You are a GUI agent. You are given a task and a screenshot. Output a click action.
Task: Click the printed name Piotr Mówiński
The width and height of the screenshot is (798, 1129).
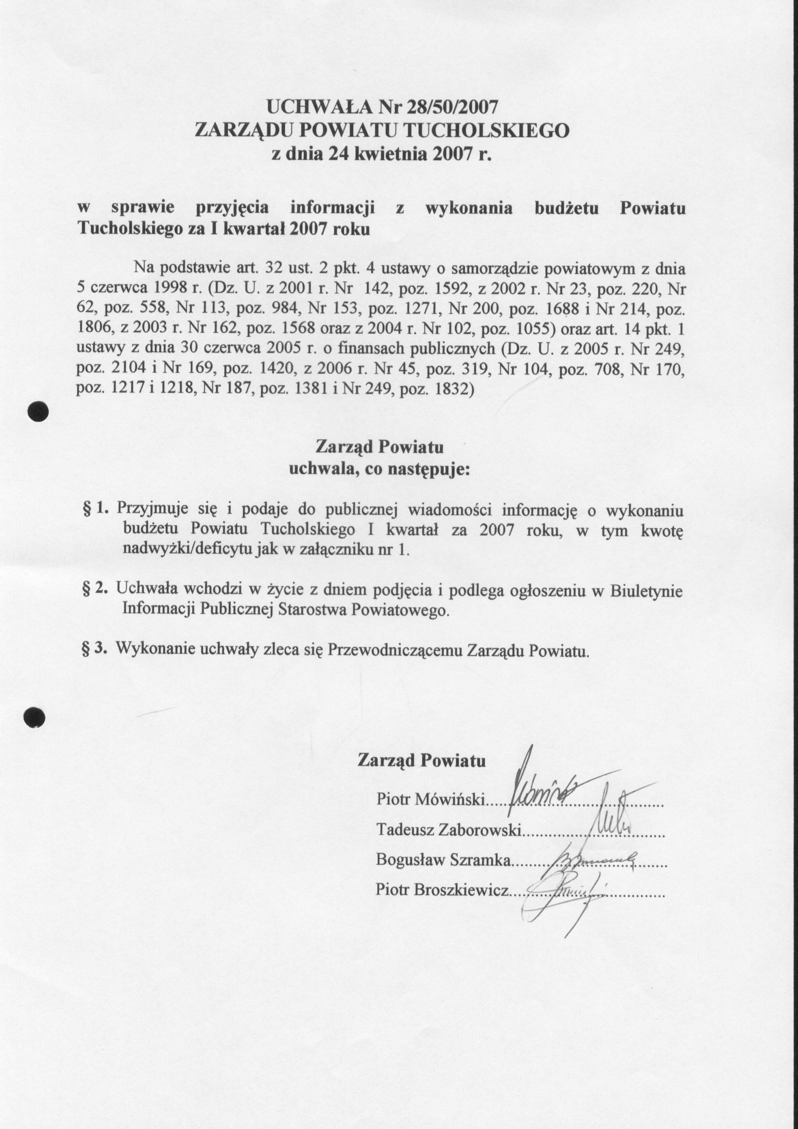pyautogui.click(x=430, y=799)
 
